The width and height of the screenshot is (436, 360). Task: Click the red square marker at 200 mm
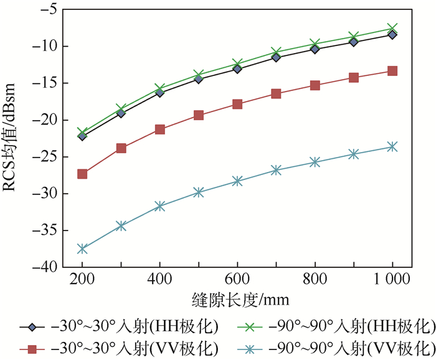[82, 174]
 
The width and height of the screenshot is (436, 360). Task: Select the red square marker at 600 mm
[237, 104]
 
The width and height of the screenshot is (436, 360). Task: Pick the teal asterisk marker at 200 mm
[82, 249]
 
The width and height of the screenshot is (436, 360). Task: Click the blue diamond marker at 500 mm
[199, 78]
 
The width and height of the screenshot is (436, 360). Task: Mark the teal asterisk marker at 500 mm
[199, 192]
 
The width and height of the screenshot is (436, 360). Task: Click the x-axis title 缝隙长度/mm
[236, 300]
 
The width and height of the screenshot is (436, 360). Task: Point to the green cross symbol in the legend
[249, 326]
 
